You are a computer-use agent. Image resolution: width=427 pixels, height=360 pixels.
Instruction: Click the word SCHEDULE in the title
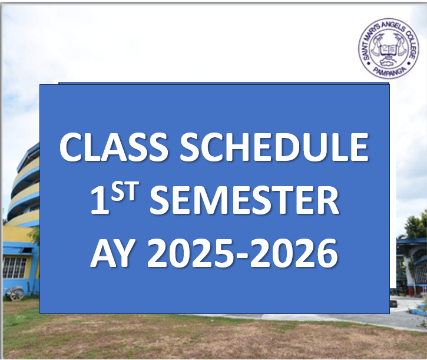274,147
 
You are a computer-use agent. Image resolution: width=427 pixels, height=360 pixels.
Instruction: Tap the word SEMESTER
244,201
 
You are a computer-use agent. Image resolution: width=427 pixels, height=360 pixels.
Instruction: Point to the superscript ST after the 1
123,192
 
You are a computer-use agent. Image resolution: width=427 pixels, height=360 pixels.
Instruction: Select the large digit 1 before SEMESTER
100,201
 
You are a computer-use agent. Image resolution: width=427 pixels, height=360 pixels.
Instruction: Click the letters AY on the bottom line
114,253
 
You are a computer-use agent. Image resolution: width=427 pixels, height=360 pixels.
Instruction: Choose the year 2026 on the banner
294,253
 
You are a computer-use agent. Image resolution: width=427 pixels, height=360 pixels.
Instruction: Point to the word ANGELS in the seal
392,27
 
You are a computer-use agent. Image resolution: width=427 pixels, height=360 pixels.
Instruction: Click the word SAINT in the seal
366,51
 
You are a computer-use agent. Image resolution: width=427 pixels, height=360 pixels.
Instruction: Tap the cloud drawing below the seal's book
388,62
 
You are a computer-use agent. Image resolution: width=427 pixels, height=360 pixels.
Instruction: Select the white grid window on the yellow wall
14,267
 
